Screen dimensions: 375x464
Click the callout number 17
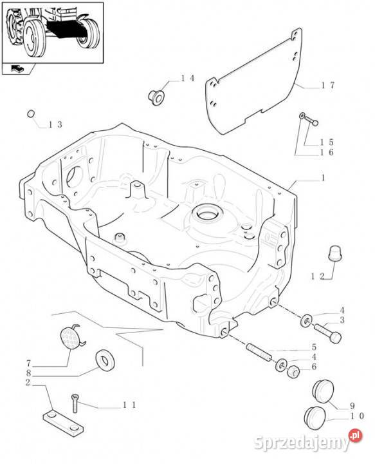[327, 85]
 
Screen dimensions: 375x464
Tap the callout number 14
[188, 78]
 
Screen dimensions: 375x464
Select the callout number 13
[55, 125]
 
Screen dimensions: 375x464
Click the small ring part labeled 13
[31, 113]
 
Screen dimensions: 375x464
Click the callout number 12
[317, 276]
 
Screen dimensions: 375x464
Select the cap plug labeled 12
[335, 254]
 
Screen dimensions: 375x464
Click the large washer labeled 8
[105, 360]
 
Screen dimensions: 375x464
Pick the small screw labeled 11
[75, 404]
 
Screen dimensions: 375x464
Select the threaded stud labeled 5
[259, 352]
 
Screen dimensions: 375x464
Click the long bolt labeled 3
[327, 333]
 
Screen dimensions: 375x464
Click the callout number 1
[323, 178]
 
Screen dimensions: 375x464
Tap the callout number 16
[327, 152]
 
